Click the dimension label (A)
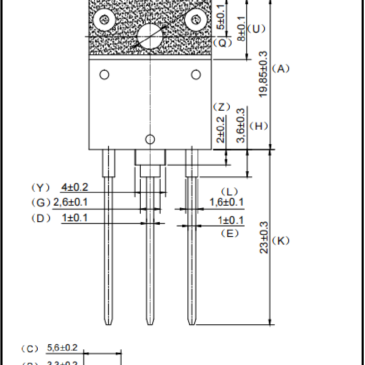281,68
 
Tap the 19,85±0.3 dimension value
263,74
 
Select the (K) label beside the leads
281,241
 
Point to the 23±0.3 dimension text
264,237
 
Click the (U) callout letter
256,29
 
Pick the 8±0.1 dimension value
241,28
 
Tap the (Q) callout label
223,42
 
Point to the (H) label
259,126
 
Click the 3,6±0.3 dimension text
241,125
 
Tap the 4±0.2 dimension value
75,187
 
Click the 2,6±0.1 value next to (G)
70,203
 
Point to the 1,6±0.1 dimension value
227,202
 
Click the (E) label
230,233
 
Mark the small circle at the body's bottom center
150,139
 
